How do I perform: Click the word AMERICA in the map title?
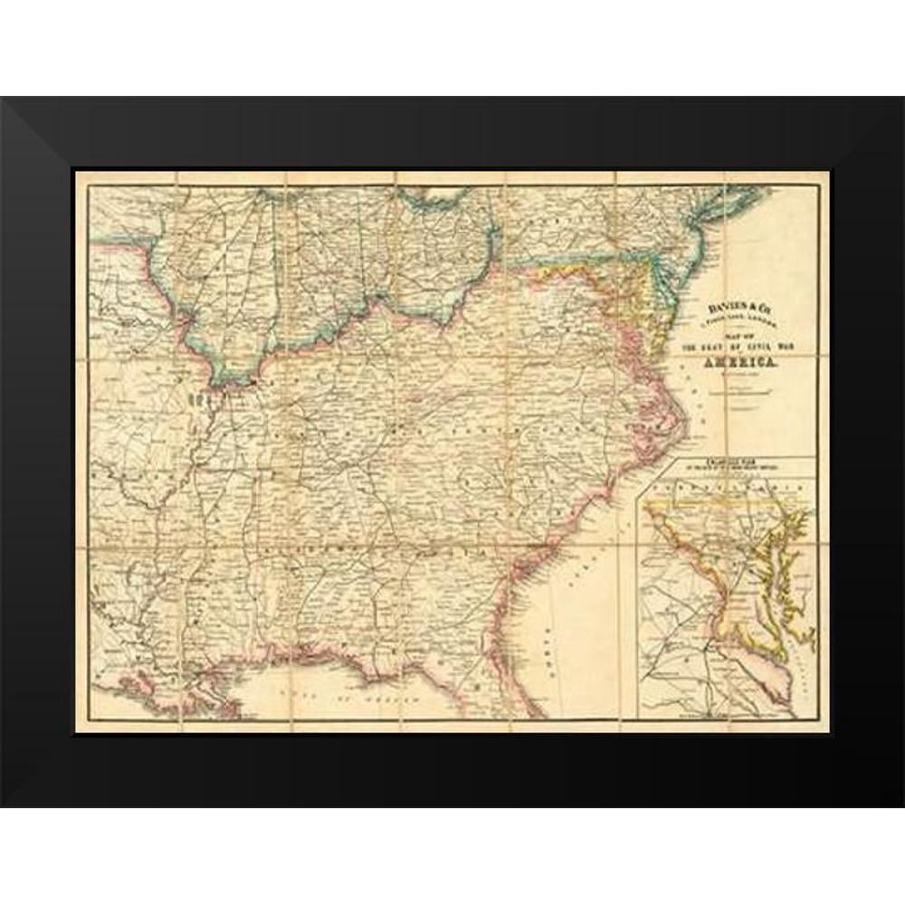[740, 361]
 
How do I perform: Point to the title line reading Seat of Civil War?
[740, 348]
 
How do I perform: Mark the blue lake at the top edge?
[434, 195]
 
